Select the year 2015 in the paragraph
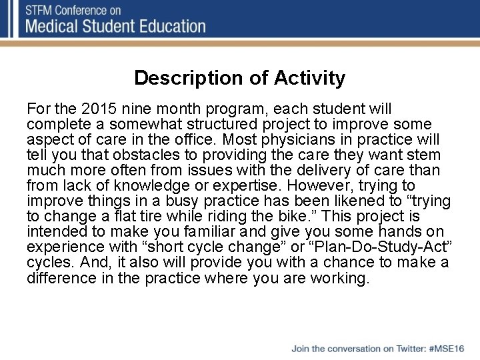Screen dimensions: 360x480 coord(95,108)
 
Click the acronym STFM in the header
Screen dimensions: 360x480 coord(41,11)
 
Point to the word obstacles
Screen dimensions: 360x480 coord(128,155)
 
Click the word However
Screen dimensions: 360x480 coord(299,185)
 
